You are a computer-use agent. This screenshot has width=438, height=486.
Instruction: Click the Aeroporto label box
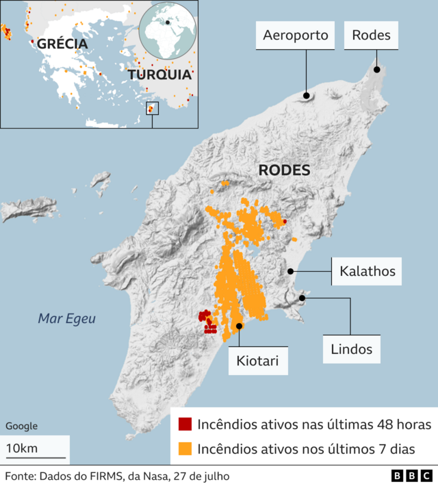296,35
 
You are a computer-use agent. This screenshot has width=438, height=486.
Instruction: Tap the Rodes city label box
371,35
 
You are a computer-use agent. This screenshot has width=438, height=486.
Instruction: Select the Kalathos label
367,271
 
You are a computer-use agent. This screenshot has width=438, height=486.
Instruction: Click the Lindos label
349,349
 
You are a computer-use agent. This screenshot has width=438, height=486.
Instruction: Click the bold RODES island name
283,170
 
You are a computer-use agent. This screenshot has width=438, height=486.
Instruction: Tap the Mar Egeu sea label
67,318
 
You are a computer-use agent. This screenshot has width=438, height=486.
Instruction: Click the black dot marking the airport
306,96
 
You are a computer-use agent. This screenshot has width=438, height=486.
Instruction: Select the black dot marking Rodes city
376,69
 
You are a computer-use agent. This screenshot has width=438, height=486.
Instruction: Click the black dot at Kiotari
239,327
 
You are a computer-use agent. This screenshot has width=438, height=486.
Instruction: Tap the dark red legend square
185,424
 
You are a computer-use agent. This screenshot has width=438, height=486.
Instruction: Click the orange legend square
185,449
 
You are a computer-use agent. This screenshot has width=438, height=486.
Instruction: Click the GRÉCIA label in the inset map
62,44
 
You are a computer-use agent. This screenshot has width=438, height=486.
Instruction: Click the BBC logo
411,476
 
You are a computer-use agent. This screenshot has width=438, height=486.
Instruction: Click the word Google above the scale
21,426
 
